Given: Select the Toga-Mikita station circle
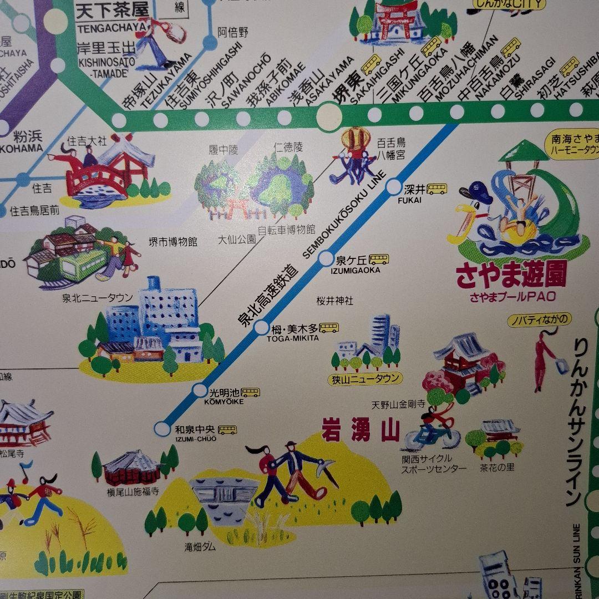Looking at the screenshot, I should click(262, 328).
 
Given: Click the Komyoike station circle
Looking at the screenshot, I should click(200, 390).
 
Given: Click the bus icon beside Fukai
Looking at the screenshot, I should click(437, 189).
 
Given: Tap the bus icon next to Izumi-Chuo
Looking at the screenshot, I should click(227, 429).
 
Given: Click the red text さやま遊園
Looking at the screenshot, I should click(511, 276).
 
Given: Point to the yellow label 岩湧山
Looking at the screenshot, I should click(361, 431).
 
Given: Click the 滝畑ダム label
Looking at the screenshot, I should click(200, 547).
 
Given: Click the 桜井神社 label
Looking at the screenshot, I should click(335, 301).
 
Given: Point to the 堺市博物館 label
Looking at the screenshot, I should click(173, 242).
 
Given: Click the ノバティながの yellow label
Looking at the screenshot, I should click(540, 320).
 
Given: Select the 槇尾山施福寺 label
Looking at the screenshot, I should click(133, 491).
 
